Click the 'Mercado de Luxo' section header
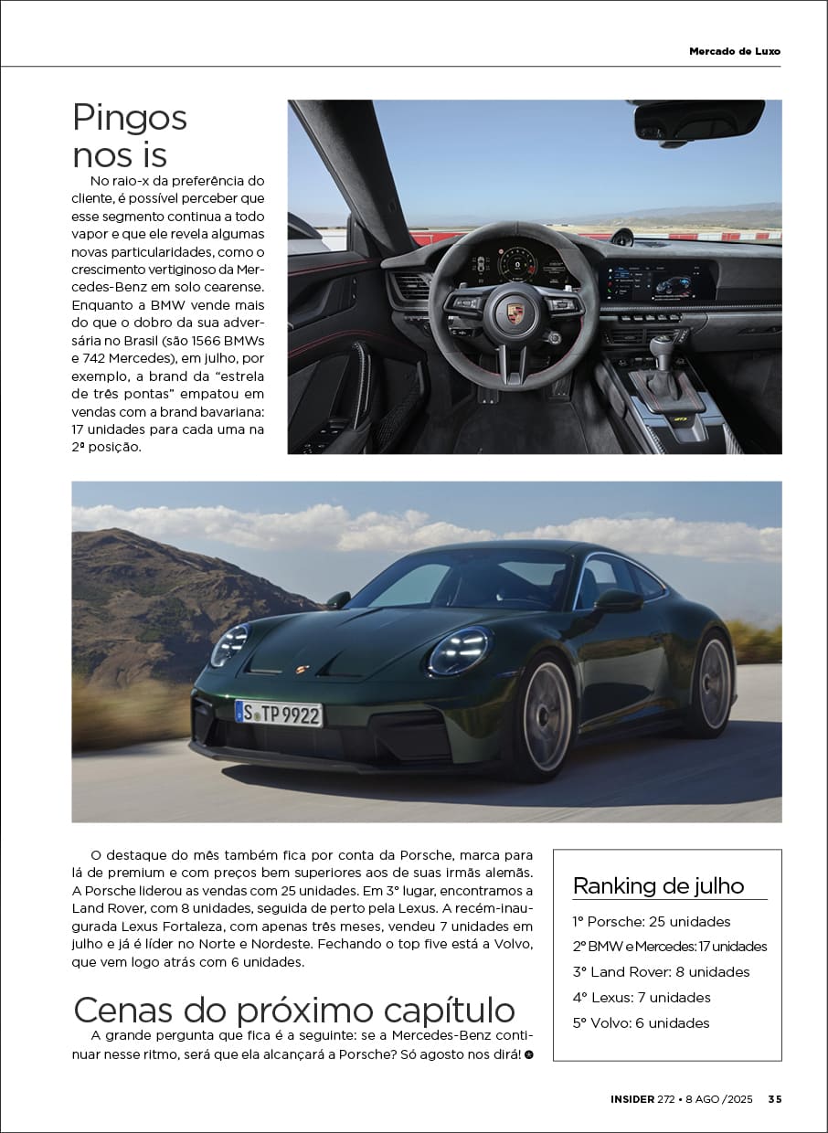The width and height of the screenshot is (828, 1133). pyautogui.click(x=735, y=51)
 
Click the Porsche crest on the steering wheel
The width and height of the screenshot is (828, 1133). pyautogui.click(x=515, y=313)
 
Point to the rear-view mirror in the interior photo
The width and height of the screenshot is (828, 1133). pyautogui.click(x=699, y=120)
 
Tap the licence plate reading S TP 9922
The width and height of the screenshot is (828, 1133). pyautogui.click(x=279, y=713)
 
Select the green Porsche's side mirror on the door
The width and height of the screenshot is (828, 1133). pyautogui.click(x=618, y=600)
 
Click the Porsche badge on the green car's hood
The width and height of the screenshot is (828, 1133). pyautogui.click(x=302, y=670)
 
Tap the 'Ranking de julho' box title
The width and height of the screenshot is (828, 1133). pyautogui.click(x=658, y=885)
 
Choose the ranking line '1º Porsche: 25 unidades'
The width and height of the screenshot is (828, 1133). pyautogui.click(x=652, y=921)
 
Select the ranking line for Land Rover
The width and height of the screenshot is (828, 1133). pyautogui.click(x=661, y=971)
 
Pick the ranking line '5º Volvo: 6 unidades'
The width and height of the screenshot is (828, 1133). pyautogui.click(x=641, y=1022)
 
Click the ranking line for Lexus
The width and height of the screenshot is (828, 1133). pyautogui.click(x=642, y=997)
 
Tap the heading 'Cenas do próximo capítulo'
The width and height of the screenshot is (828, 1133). pyautogui.click(x=294, y=1011)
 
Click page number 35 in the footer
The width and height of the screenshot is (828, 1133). pyautogui.click(x=774, y=1099)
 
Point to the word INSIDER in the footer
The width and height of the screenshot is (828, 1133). pyautogui.click(x=632, y=1099)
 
